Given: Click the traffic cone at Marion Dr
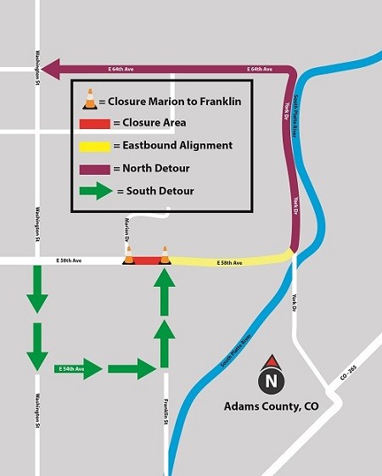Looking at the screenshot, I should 128,255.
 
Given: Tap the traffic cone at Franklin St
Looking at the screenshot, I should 165,255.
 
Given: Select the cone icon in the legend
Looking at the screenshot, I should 89,101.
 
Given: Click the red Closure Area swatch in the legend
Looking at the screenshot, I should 94,124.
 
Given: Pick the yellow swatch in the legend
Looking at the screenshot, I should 94,146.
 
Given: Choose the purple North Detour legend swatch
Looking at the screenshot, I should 94,168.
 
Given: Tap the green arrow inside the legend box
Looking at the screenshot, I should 95,191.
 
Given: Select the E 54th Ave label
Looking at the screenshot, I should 70,369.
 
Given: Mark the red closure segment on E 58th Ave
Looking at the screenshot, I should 146,261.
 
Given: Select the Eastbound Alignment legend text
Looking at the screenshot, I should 171,146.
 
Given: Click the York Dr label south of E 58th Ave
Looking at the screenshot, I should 297,301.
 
